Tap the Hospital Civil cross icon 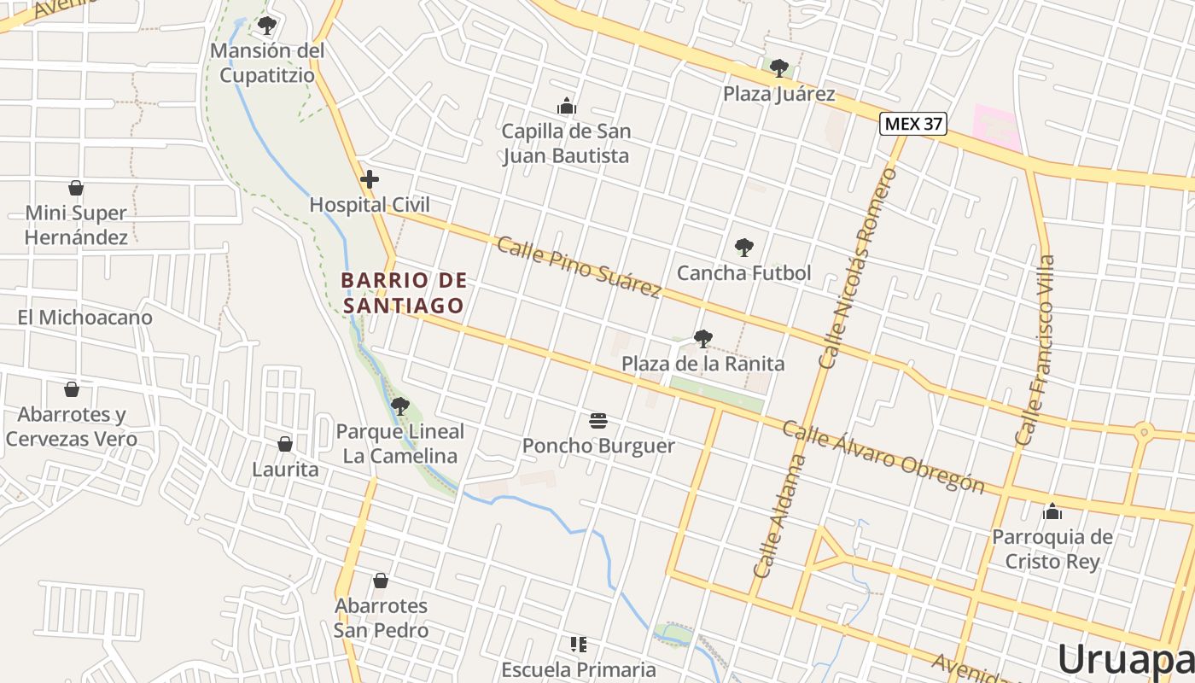370,179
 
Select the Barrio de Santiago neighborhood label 404,293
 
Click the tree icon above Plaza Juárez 778,68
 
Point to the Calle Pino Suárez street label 579,267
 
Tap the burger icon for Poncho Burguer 598,420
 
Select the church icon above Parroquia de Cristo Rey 1052,511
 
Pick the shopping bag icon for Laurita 285,444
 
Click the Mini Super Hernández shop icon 76,188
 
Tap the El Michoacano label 85,318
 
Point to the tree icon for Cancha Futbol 744,248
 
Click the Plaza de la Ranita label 702,364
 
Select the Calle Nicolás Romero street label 858,268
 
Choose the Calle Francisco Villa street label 1035,350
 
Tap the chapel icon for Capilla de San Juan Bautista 566,107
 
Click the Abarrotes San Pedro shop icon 381,581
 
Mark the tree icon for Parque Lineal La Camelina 399,406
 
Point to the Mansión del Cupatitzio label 267,63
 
